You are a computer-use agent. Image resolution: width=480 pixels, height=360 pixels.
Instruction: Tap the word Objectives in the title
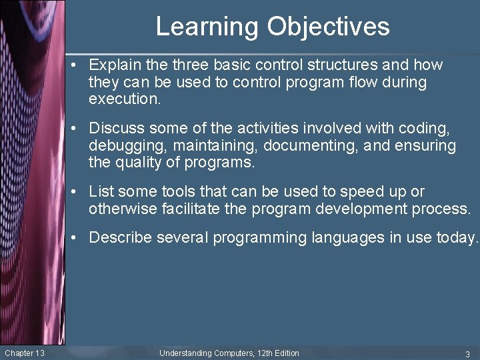point(329,27)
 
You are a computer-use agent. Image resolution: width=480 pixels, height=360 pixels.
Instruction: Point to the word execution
point(125,100)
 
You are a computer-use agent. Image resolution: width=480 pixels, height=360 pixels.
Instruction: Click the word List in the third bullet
point(100,192)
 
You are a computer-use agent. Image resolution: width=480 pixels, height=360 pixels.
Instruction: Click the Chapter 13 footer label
point(25,353)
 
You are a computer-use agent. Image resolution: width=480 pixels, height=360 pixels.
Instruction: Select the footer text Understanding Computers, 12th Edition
point(229,353)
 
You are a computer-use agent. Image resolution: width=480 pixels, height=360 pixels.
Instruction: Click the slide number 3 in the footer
point(467,353)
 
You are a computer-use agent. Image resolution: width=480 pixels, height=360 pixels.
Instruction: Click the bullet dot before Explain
point(79,65)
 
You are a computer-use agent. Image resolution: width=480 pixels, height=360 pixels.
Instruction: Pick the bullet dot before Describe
point(79,238)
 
